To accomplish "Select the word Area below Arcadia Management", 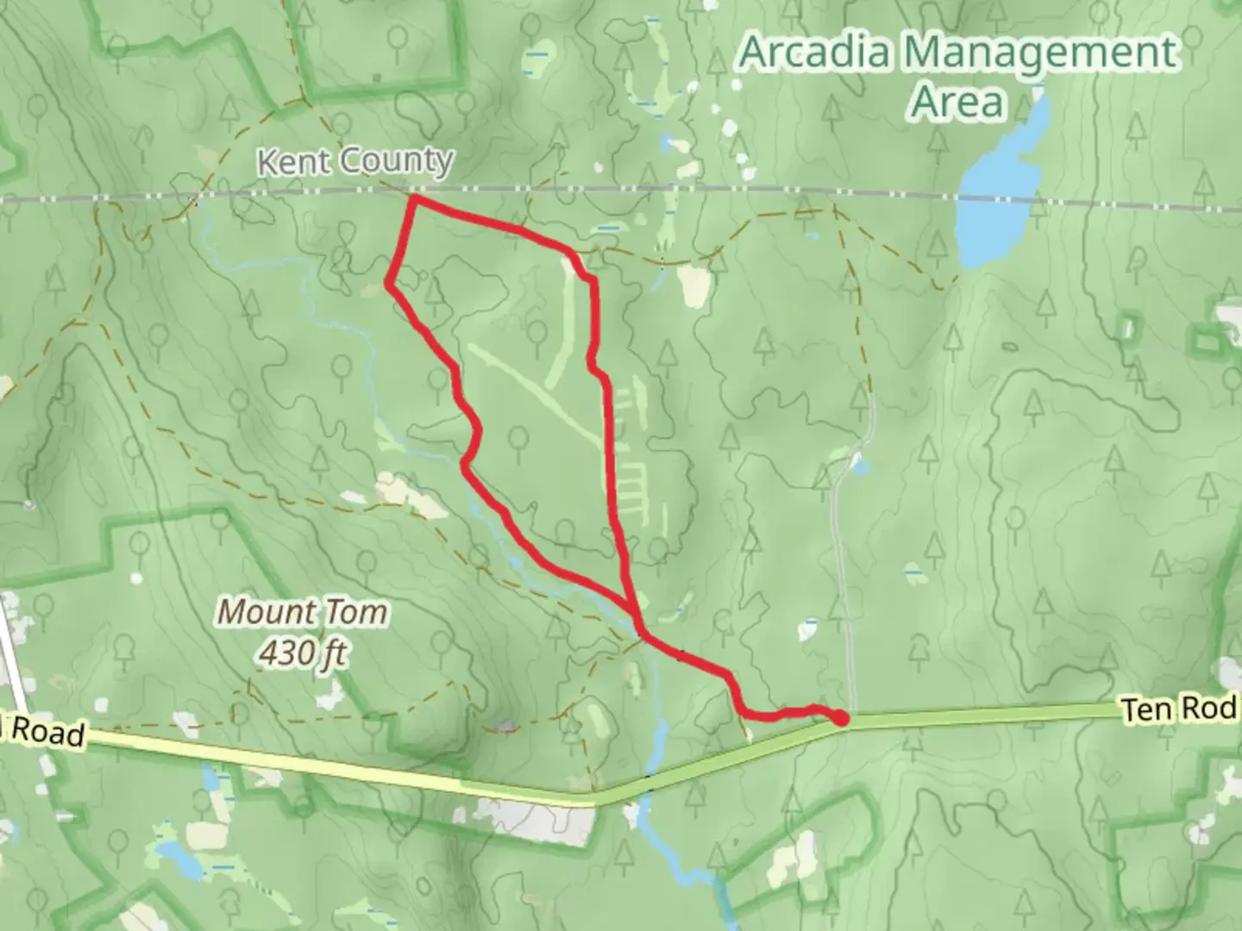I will pyautogui.click(x=957, y=102).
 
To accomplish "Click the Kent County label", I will pyautogui.click(x=355, y=160).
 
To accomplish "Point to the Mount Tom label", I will pyautogui.click(x=302, y=612).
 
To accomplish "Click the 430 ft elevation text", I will pyautogui.click(x=302, y=653).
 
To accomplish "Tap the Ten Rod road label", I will pyautogui.click(x=1178, y=709).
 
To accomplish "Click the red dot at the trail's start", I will pyautogui.click(x=840, y=717).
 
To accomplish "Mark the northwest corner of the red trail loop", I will pyautogui.click(x=415, y=200).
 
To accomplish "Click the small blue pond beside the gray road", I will pyautogui.click(x=858, y=466).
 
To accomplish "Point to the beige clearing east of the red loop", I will pyautogui.click(x=693, y=286).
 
